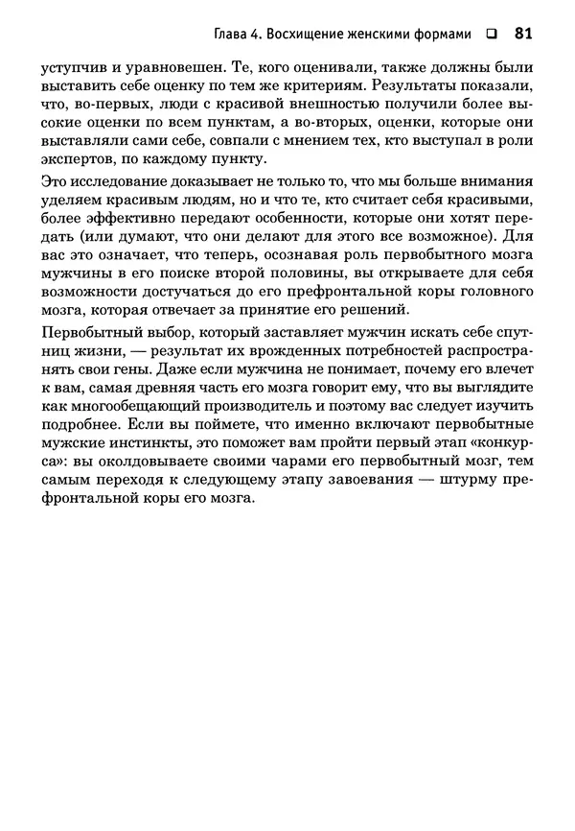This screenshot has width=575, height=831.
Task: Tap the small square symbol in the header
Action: coord(492,36)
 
